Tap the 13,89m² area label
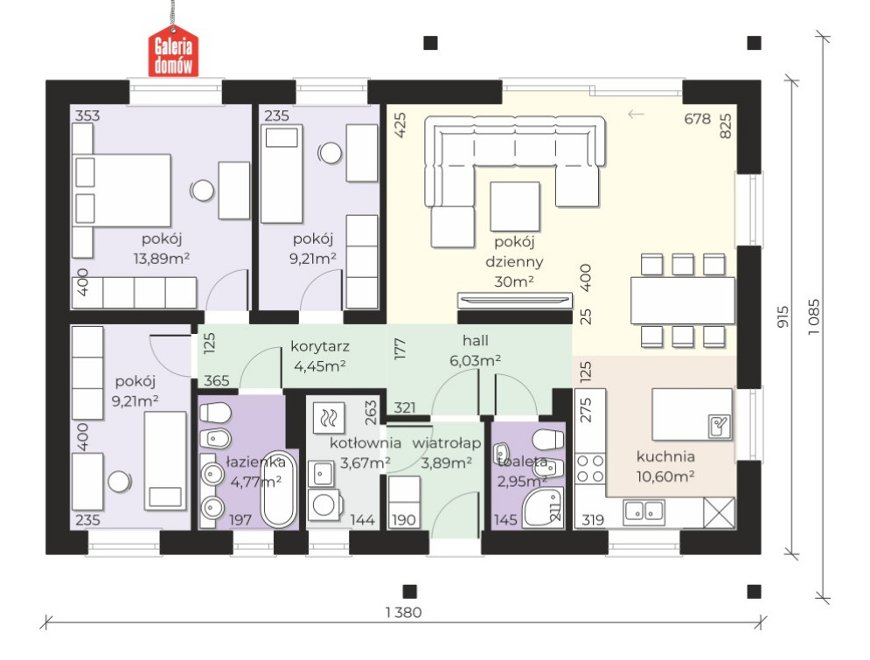pyautogui.click(x=162, y=259)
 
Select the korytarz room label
pyautogui.click(x=320, y=347)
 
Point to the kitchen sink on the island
pyautogui.click(x=720, y=426)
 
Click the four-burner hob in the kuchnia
pyautogui.click(x=590, y=469)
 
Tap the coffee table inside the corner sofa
pyautogui.click(x=515, y=206)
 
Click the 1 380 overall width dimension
pyautogui.click(x=403, y=612)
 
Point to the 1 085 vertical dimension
pyautogui.click(x=813, y=316)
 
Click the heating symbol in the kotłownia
pyautogui.click(x=329, y=417)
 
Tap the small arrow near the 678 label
pyautogui.click(x=636, y=115)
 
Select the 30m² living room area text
pyautogui.click(x=514, y=281)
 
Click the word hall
pyautogui.click(x=476, y=341)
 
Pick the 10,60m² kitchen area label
pyautogui.click(x=665, y=477)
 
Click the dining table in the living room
pyautogui.click(x=683, y=301)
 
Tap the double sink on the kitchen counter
pyautogui.click(x=644, y=512)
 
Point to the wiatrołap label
pyautogui.click(x=447, y=444)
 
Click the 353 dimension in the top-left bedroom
pyautogui.click(x=87, y=115)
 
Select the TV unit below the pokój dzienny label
pyautogui.click(x=514, y=300)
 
